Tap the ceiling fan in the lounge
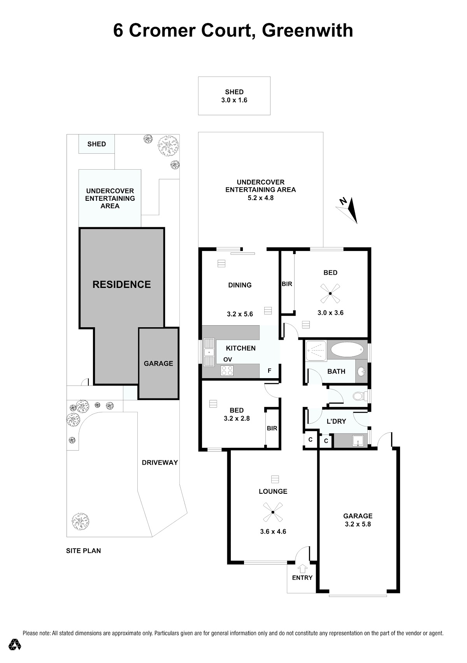(x=272, y=512)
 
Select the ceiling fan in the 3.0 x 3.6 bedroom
(x=330, y=293)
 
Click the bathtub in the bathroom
(x=347, y=350)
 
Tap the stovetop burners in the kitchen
(x=227, y=370)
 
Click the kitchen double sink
(x=209, y=352)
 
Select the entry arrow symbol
(x=302, y=568)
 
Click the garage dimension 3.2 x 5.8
(x=358, y=524)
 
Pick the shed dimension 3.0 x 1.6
(x=234, y=100)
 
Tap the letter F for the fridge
(x=269, y=370)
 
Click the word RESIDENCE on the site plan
(x=122, y=284)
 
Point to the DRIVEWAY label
(x=160, y=463)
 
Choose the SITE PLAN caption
(x=84, y=551)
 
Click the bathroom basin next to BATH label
(x=361, y=372)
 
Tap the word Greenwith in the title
(x=307, y=30)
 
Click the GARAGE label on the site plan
(x=158, y=363)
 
